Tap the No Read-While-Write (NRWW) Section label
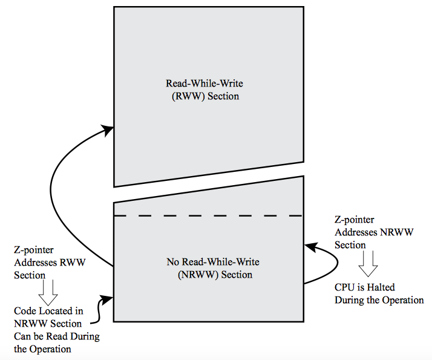click(212, 269)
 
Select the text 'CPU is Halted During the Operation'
click(379, 294)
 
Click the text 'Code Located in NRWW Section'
click(48, 318)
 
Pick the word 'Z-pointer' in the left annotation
click(33, 250)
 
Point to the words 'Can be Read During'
click(57, 336)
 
